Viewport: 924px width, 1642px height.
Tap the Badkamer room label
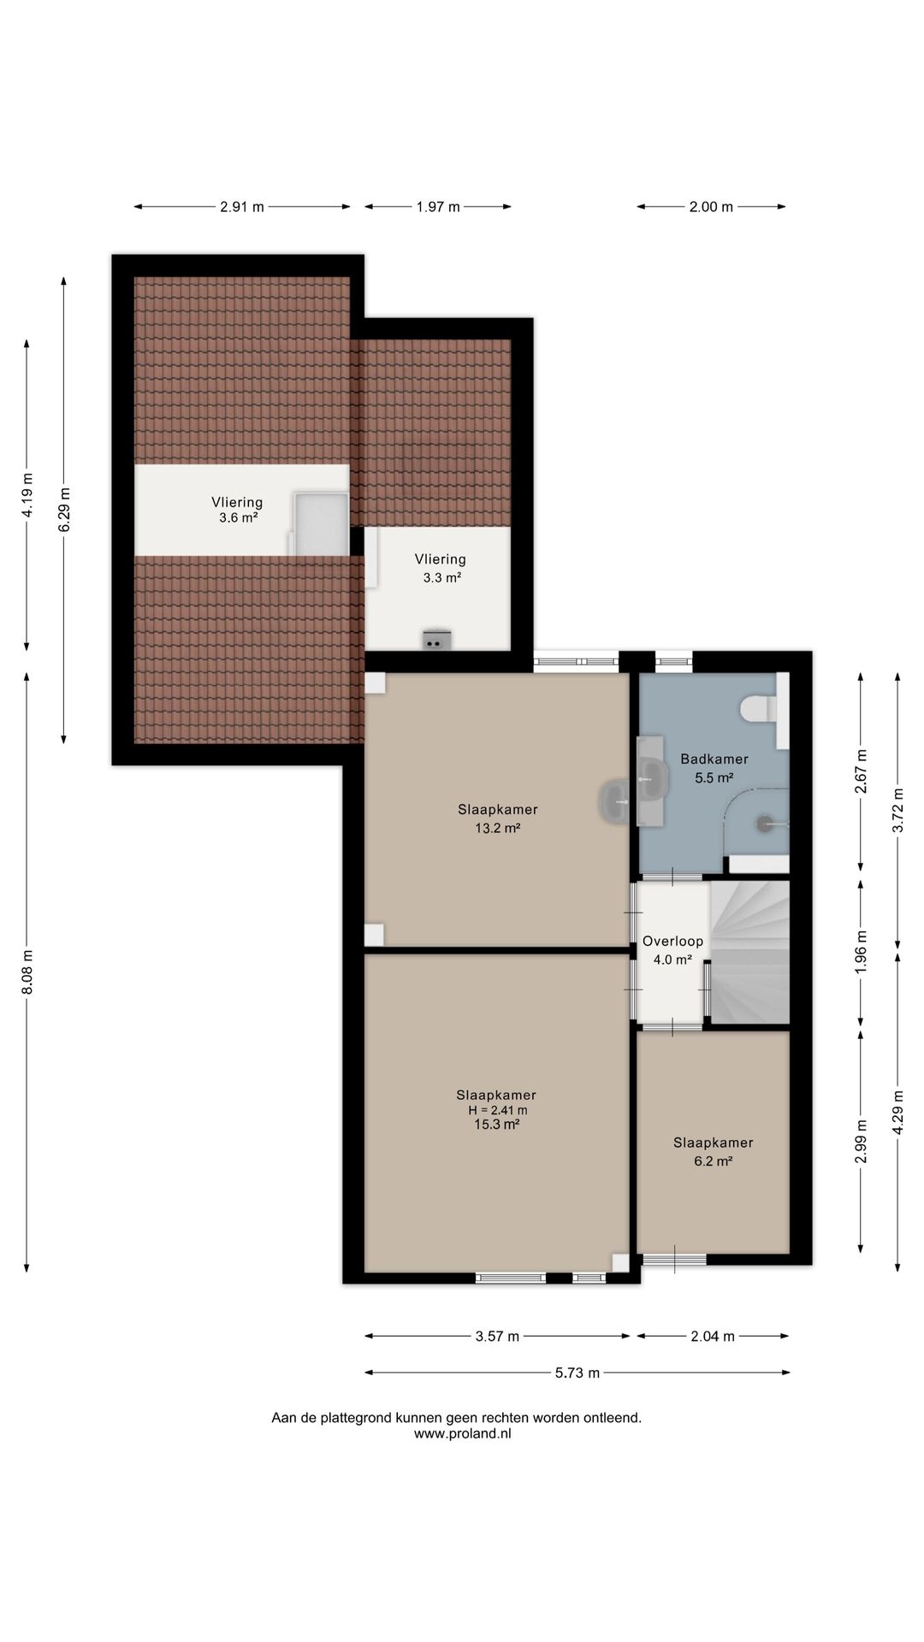(714, 759)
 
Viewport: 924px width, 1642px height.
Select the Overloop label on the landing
(673, 941)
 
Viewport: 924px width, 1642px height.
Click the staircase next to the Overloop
(749, 952)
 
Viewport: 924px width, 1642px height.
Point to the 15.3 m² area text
(497, 1125)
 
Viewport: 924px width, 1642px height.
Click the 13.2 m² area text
(498, 828)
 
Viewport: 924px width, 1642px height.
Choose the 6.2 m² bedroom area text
(714, 1161)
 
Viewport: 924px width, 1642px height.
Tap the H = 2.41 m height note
(497, 1110)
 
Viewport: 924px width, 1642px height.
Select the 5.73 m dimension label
(577, 1373)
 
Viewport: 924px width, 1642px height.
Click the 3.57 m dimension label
(497, 1336)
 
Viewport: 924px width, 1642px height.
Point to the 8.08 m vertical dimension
(27, 972)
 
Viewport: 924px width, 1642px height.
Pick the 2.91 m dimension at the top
(242, 206)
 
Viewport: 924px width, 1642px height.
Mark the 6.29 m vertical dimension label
(64, 510)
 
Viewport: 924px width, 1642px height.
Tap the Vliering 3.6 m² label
(238, 510)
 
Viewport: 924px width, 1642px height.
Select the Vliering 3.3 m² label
(441, 568)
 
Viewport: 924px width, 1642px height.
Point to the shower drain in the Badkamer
(763, 824)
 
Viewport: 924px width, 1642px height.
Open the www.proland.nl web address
(462, 1434)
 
